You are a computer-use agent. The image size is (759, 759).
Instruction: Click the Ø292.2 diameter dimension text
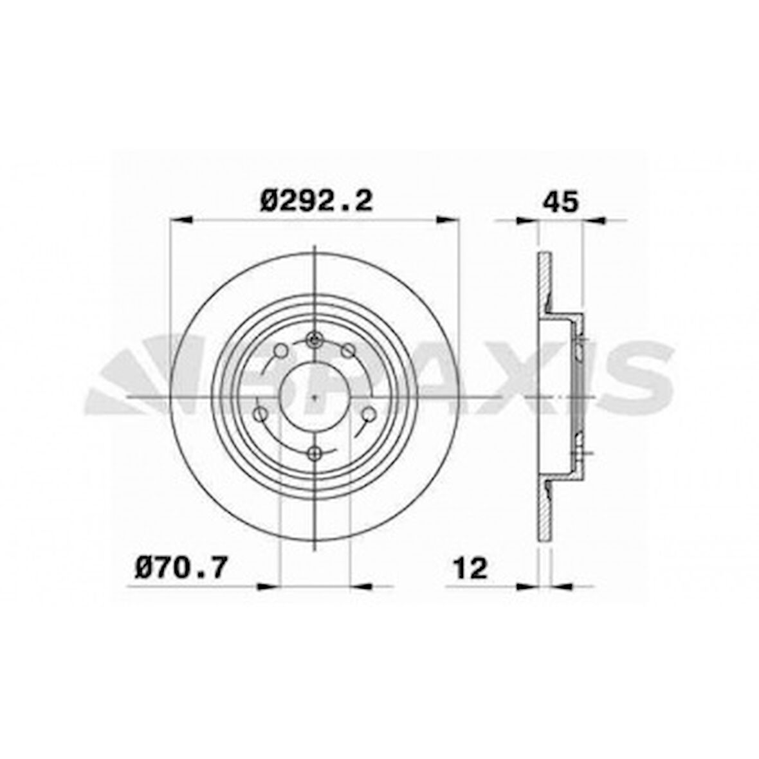[316, 201]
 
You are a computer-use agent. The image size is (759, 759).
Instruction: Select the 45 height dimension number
[561, 201]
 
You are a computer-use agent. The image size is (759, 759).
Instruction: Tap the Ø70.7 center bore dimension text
[181, 567]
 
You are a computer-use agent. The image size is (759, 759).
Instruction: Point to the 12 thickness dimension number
[470, 567]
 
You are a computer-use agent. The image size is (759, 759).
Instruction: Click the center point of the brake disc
[314, 397]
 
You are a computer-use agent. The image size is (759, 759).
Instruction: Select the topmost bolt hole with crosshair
[314, 340]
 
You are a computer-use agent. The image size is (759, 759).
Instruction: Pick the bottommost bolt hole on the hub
[314, 454]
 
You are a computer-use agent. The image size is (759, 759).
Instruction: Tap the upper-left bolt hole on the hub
[280, 351]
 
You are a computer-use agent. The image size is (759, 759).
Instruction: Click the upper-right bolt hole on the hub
[348, 351]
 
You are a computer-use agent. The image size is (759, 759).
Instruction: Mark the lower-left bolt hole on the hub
[261, 414]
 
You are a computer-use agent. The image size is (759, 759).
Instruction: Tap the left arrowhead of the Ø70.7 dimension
[269, 586]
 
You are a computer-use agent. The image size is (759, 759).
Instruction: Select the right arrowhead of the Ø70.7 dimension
[361, 586]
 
